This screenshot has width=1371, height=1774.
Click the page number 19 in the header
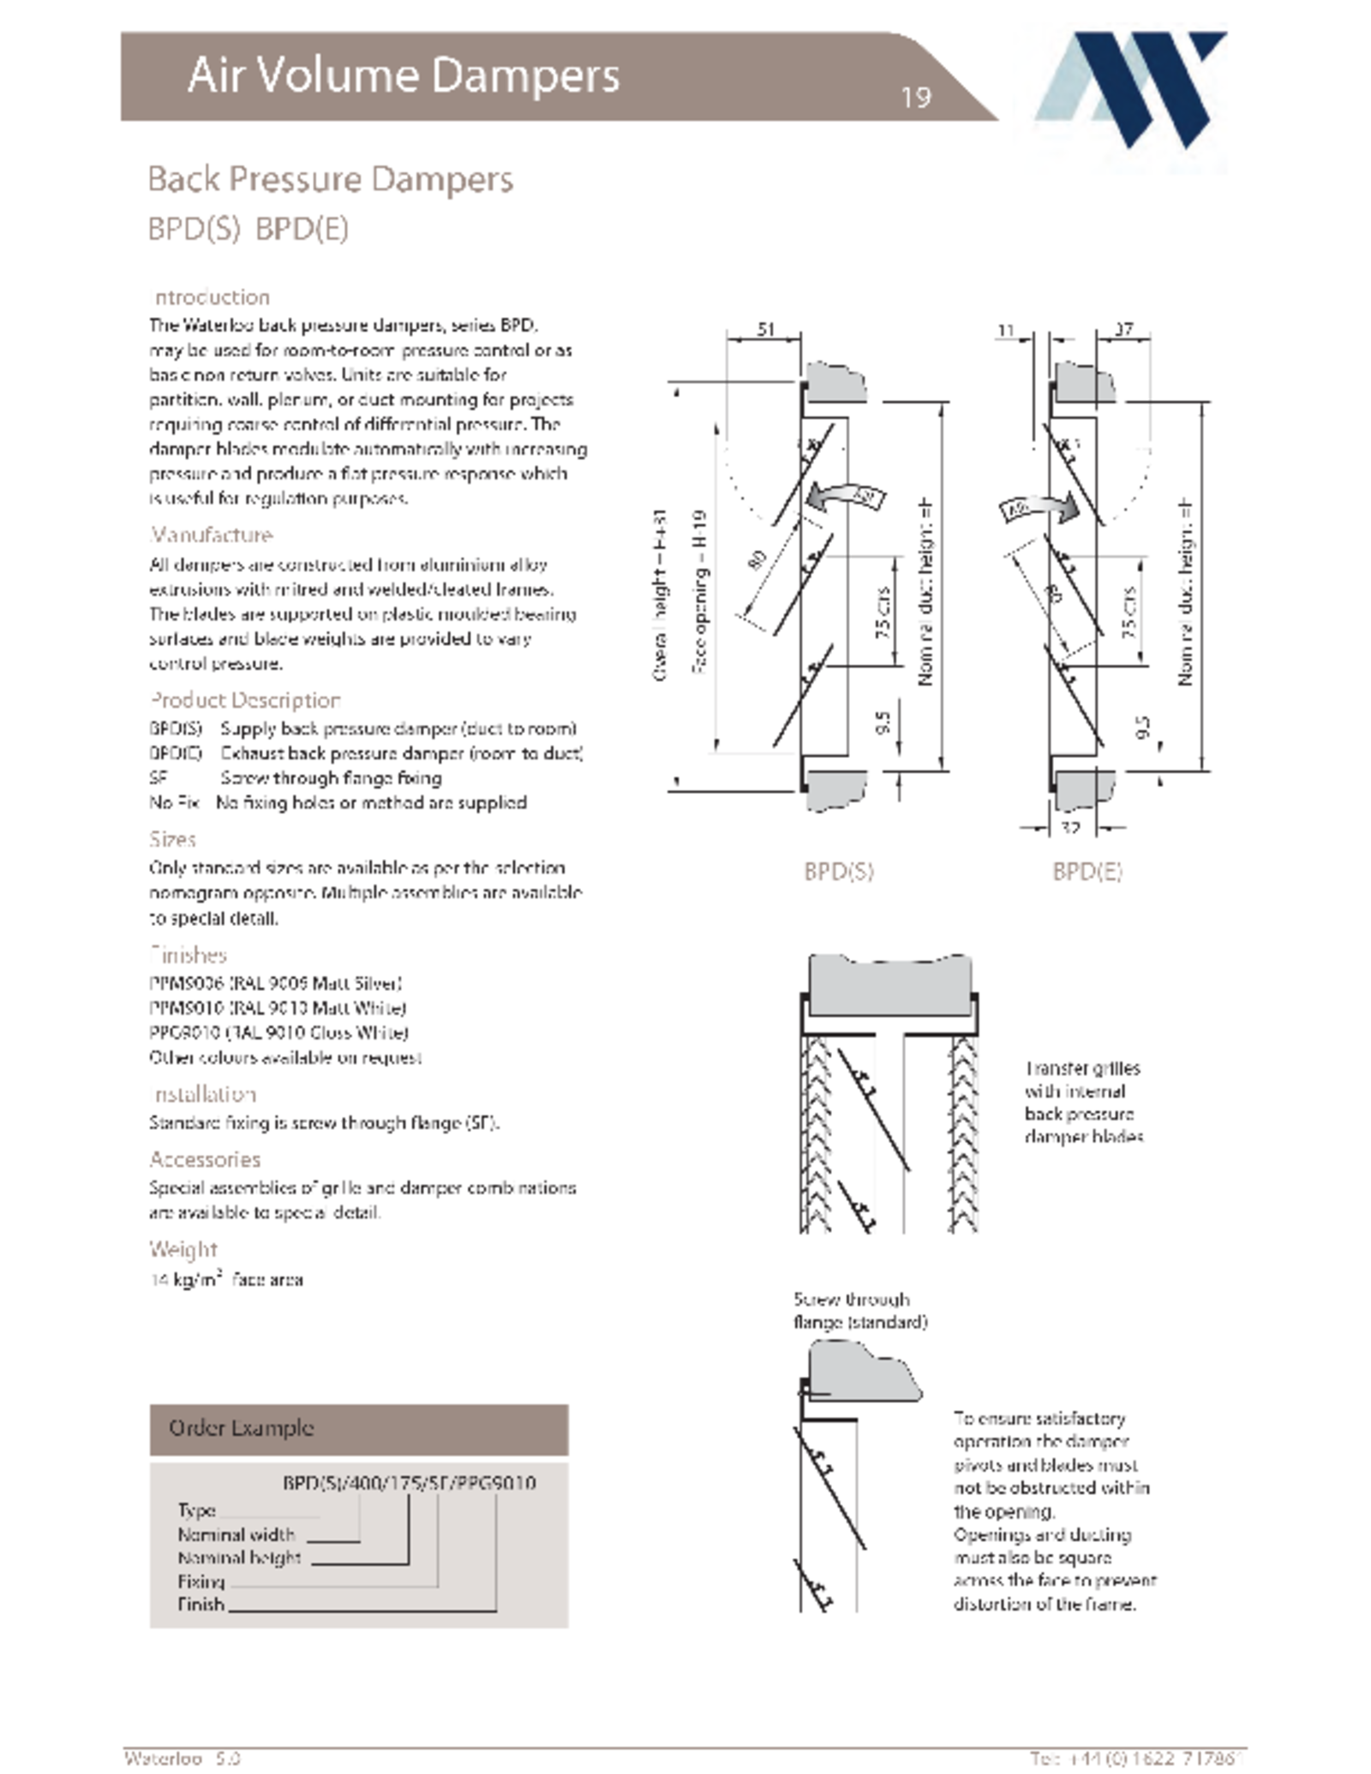914,98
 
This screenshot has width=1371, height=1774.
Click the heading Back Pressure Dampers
330,180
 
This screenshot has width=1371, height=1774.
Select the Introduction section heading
210,297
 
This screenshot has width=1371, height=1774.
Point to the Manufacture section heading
211,535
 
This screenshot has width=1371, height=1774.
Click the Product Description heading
245,700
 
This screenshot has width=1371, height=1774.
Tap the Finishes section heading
188,954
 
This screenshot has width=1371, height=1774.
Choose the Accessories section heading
205,1159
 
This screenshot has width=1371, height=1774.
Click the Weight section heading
183,1249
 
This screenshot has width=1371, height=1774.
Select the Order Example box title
241,1428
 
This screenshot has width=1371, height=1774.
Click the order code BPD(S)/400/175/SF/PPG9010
409,1483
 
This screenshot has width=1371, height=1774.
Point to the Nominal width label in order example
236,1534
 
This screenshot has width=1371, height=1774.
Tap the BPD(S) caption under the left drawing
838,871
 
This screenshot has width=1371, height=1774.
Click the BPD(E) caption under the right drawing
1087,871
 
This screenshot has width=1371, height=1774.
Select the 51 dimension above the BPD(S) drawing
765,329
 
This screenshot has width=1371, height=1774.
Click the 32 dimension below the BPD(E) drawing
1070,827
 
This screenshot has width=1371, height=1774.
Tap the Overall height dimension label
660,595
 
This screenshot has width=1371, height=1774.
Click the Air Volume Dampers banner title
403,75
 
